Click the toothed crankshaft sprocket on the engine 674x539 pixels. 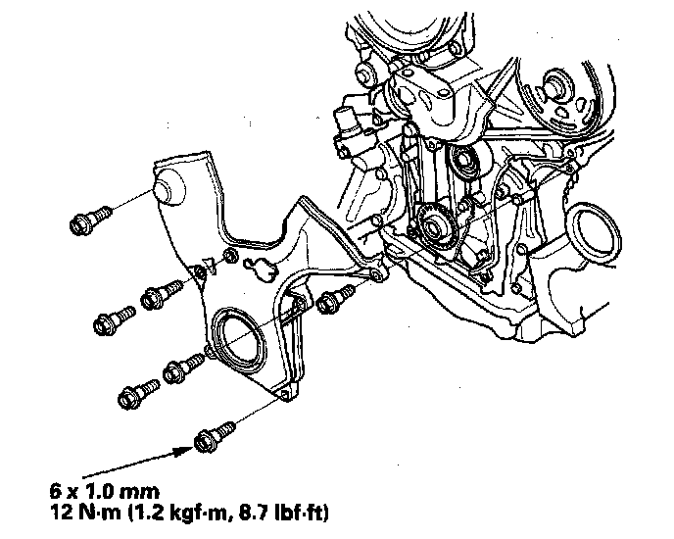(432, 224)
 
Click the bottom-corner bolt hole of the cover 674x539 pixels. (284, 394)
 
